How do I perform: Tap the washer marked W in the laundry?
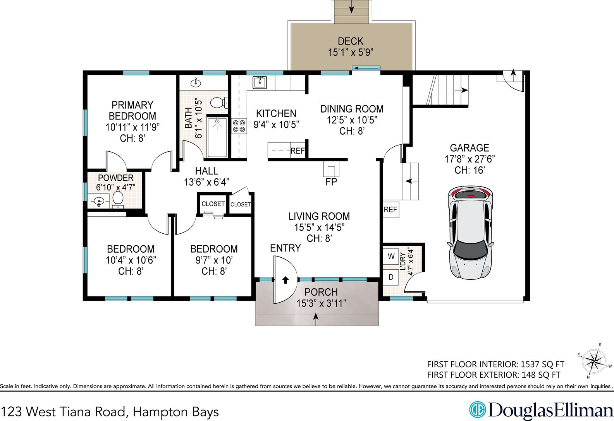coord(391,256)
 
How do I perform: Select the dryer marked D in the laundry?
coord(391,277)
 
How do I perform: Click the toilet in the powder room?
coord(118,200)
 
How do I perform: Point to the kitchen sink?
coord(260,82)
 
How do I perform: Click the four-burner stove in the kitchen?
coord(239,126)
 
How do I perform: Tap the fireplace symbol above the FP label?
coord(331,169)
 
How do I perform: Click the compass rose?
coord(594,361)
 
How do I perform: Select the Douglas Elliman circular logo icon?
coord(477,410)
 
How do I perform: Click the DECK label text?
coord(351,41)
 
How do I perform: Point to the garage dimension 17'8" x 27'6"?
coord(470,159)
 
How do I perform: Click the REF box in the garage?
coord(390,210)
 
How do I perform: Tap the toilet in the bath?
coord(219,103)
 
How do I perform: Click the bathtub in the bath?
coord(217,137)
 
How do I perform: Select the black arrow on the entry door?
coord(286,280)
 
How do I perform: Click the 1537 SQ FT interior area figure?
coord(542,365)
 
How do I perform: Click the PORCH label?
coord(321,292)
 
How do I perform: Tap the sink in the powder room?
coord(99,202)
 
